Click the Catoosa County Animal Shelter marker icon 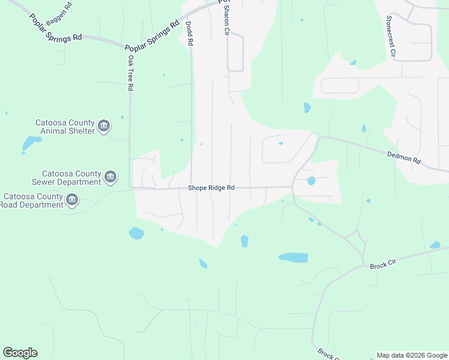104,126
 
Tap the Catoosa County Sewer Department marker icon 110,176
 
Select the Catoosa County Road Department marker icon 72,200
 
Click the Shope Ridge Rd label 211,188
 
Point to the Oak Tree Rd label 130,73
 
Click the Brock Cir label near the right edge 382,265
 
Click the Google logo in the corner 20,353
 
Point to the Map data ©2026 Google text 412,355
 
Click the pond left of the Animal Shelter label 31,143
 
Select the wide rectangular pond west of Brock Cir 294,257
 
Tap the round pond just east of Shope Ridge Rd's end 311,181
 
